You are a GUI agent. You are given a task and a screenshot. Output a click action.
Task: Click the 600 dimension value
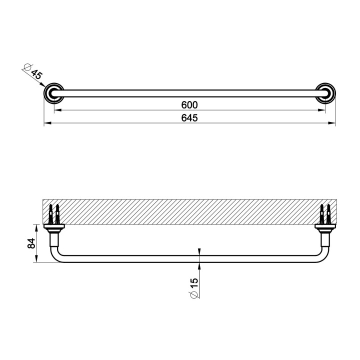tap(189, 104)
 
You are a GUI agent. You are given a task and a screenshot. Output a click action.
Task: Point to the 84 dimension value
tap(31, 243)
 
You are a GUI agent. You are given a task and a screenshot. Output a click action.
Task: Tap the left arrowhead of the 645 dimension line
tap(46, 123)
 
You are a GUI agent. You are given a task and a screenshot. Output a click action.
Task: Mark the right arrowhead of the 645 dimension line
tap(332, 123)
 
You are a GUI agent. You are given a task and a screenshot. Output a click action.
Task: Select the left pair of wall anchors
tap(54, 214)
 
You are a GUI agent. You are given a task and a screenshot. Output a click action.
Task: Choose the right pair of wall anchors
tap(324, 214)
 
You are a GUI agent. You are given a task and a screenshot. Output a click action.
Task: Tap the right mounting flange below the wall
tap(324, 229)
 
